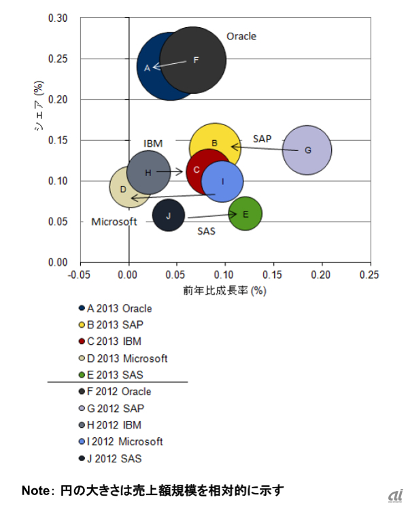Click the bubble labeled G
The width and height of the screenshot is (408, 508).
click(x=307, y=150)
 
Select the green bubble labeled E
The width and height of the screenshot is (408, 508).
click(x=245, y=214)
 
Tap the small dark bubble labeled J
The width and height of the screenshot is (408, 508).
click(x=168, y=216)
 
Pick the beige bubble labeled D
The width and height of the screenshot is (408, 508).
click(x=122, y=190)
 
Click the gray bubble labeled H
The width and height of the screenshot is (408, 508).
click(x=148, y=172)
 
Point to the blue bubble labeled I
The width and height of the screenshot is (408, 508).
click(x=222, y=182)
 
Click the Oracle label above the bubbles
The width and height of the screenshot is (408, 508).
click(x=241, y=36)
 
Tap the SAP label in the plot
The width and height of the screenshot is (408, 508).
click(x=262, y=138)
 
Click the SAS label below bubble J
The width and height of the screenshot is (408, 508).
click(x=206, y=231)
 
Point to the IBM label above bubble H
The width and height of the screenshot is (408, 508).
click(x=153, y=143)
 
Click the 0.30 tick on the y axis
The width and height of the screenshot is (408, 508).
click(x=58, y=18)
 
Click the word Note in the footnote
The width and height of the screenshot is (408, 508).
click(x=34, y=490)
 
